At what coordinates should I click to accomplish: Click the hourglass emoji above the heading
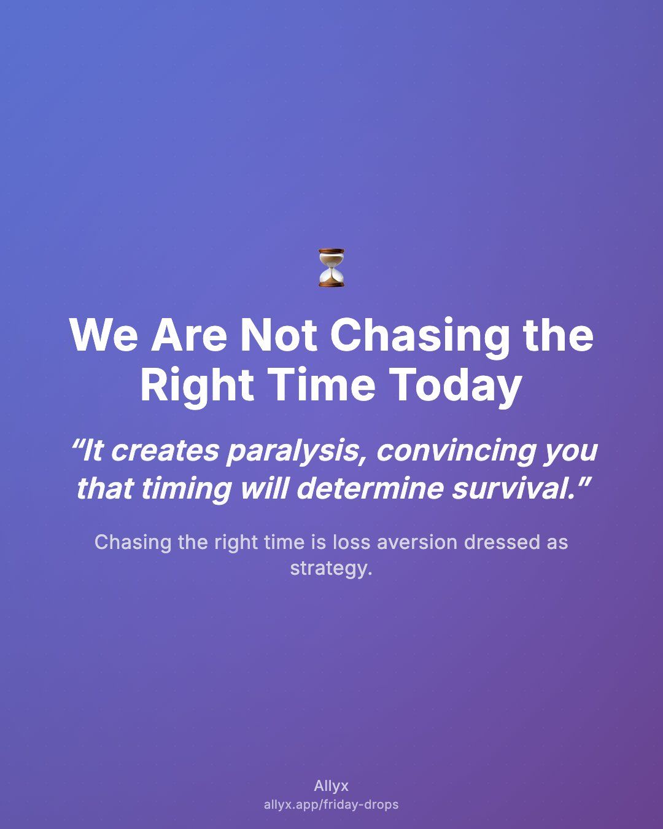(331, 268)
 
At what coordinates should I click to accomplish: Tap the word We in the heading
(104, 335)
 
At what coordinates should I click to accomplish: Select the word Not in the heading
(279, 335)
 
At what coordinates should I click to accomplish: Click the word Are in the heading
(189, 335)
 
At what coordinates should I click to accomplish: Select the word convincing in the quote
(454, 451)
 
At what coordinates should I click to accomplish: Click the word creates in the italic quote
(165, 451)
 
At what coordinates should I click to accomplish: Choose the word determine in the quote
(370, 488)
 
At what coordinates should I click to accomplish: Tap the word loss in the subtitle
(351, 542)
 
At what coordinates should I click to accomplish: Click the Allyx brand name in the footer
(331, 786)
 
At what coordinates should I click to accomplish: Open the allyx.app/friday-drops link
(331, 804)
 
